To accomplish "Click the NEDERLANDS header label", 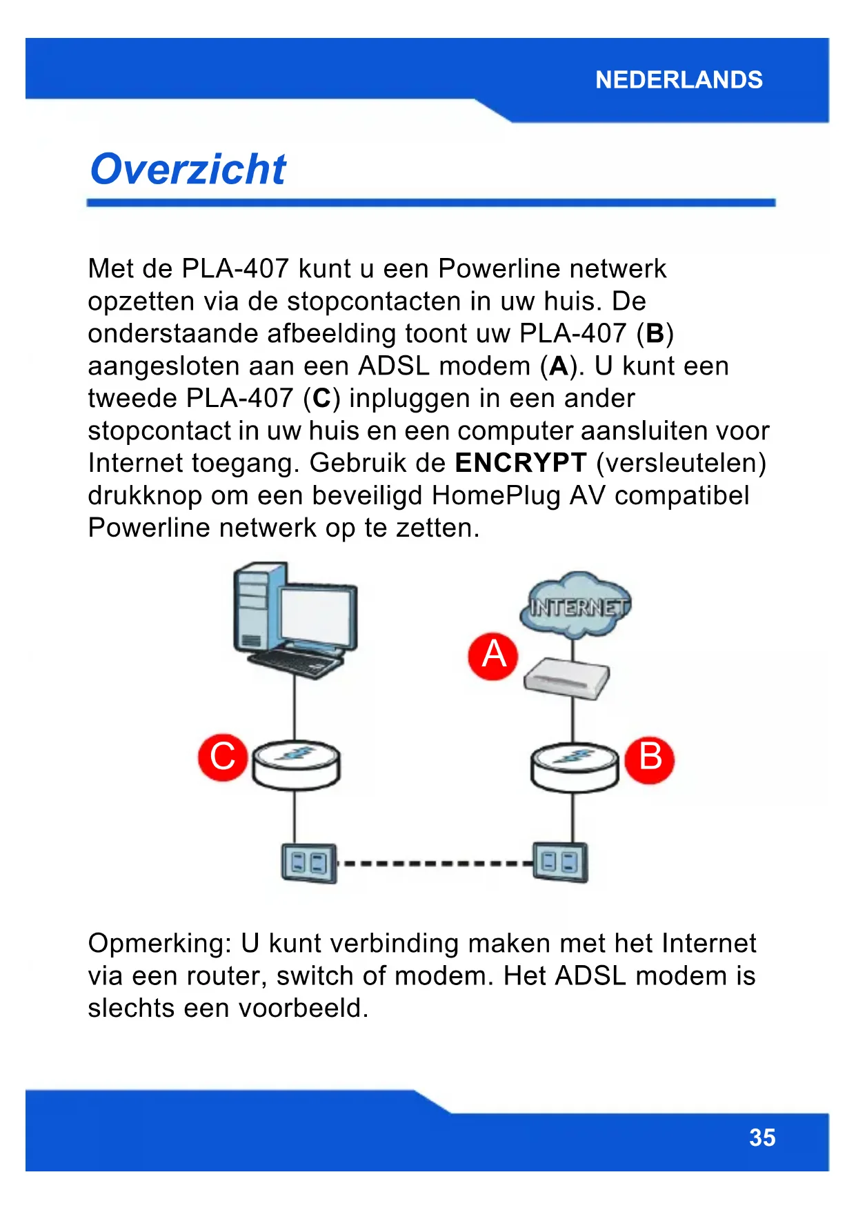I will (x=679, y=80).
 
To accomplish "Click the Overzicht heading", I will (x=188, y=170).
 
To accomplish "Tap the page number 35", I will (x=762, y=1137).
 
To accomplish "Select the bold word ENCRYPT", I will (x=521, y=463).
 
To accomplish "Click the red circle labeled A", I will (x=493, y=656).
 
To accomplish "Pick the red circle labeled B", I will (x=649, y=758).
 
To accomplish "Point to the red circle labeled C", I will (x=223, y=757).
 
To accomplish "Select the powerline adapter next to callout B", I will (x=574, y=767).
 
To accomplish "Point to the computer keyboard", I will (x=297, y=663).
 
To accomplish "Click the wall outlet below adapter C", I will (x=308, y=863).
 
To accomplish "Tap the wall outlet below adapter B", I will (x=560, y=862).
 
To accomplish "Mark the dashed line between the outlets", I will (x=435, y=863).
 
